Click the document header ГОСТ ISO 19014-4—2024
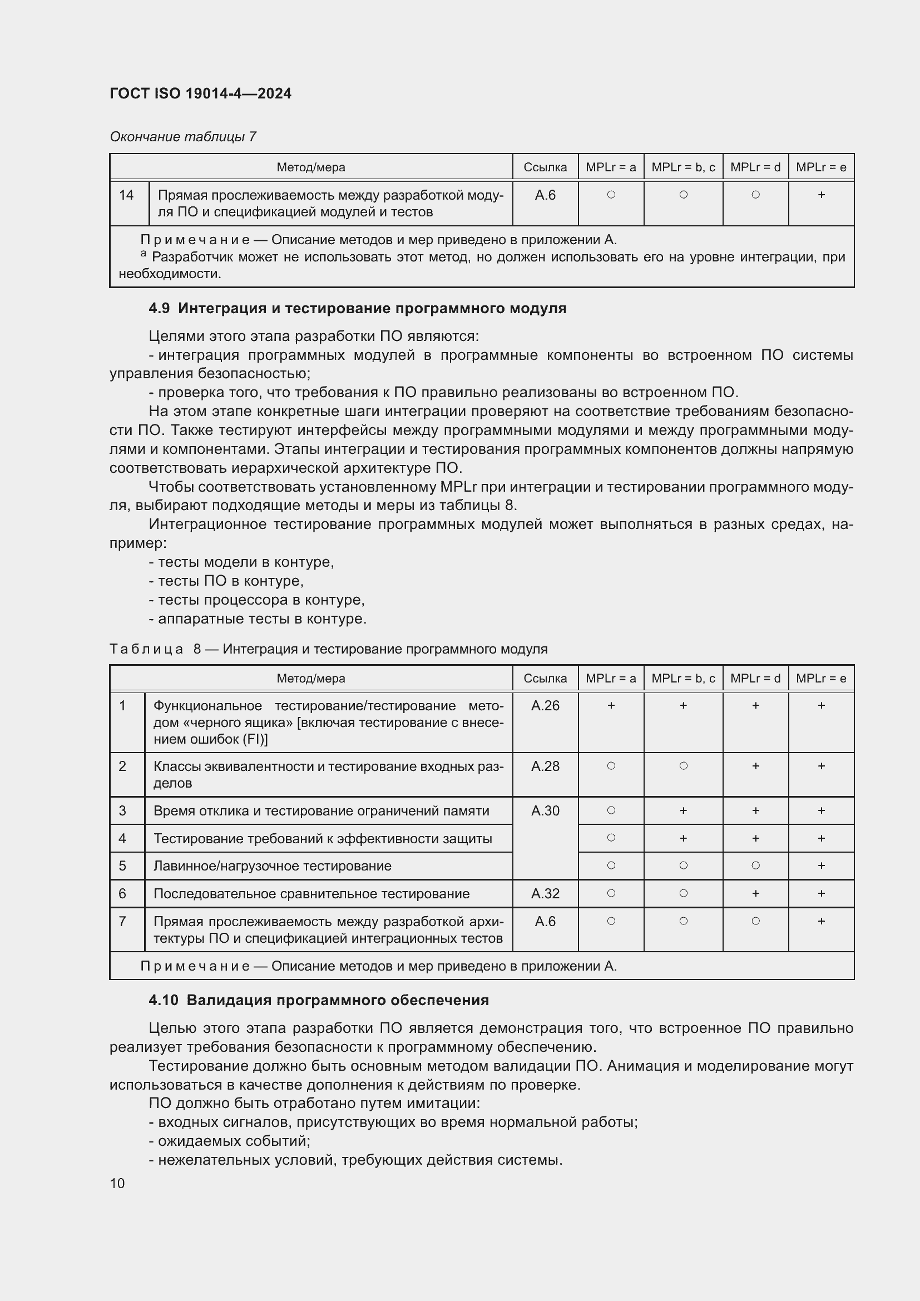tap(201, 93)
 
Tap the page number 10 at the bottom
tap(117, 1183)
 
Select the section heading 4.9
tap(357, 308)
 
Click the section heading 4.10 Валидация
tap(318, 1000)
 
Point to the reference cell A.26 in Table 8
tap(545, 705)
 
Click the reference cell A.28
tap(545, 766)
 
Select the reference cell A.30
tap(545, 811)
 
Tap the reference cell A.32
tap(545, 894)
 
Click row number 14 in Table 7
tap(126, 195)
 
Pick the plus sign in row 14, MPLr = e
tap(821, 195)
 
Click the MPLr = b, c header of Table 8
tap(682, 678)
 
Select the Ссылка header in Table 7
tap(545, 167)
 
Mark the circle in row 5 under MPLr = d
tap(755, 865)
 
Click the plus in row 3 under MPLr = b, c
tap(683, 811)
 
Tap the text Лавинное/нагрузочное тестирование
tap(273, 866)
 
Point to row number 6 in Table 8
tap(122, 894)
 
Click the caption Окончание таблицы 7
tap(183, 137)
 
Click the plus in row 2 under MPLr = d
tap(755, 766)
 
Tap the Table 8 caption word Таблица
tap(146, 649)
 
